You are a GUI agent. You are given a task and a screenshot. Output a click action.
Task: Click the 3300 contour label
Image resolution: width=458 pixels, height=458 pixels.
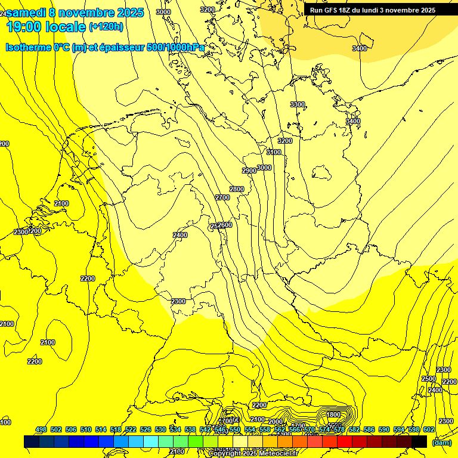tap(297, 105)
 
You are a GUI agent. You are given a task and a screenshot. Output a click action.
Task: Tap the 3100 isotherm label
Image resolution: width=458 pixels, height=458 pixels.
tap(273, 153)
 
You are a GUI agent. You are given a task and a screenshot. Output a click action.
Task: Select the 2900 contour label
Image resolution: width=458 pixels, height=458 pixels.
tap(249, 171)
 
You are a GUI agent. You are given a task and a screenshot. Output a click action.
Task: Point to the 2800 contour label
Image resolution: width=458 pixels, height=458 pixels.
tap(237, 190)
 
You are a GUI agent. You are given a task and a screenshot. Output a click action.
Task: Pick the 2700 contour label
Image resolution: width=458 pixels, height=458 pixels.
tap(222, 197)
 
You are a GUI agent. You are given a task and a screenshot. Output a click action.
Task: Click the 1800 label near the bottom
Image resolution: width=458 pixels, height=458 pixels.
tap(333, 415)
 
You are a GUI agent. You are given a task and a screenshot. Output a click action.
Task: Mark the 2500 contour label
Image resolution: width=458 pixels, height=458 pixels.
tap(428, 379)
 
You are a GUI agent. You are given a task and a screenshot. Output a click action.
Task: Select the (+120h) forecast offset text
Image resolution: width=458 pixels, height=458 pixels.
tap(106, 27)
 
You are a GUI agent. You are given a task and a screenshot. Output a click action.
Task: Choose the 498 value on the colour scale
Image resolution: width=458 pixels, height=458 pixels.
tap(41, 430)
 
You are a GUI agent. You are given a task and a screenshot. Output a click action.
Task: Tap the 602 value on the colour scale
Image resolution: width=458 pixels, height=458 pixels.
tap(429, 430)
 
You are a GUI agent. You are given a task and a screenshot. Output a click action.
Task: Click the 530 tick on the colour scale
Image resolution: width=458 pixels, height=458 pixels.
tap(160, 430)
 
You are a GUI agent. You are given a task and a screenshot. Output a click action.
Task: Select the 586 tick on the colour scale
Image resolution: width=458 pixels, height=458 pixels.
tap(369, 430)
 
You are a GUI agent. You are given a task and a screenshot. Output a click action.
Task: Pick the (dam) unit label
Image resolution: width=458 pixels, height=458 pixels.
tap(441, 442)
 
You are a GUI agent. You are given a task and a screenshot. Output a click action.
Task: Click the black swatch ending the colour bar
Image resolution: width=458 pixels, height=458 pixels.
tap(419, 442)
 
